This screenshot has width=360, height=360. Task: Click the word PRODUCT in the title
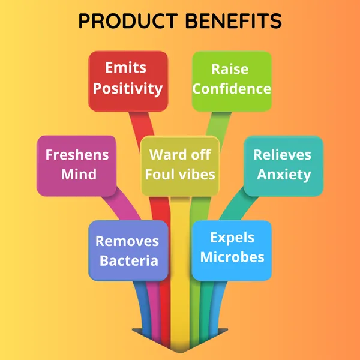pos(128,20)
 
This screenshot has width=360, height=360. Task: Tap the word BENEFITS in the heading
pos(233,20)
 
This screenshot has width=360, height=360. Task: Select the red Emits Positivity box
pos(128,81)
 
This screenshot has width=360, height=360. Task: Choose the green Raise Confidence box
pos(232,81)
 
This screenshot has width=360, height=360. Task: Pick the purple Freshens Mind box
pos(76,166)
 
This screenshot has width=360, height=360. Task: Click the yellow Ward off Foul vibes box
pos(180,166)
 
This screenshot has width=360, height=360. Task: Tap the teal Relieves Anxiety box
pos(284,166)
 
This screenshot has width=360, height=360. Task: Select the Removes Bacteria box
pos(128,250)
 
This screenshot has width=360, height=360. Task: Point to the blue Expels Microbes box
pos(232,250)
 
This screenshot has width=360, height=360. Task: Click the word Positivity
pos(128,89)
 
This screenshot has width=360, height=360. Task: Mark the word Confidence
pos(232,89)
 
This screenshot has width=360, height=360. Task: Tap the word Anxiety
pos(284,175)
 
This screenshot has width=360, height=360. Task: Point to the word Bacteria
pos(129,260)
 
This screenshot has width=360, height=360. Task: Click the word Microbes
pos(232,257)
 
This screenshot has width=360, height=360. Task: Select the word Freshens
pos(77,155)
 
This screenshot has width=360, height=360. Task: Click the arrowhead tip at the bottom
pos(180,353)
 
